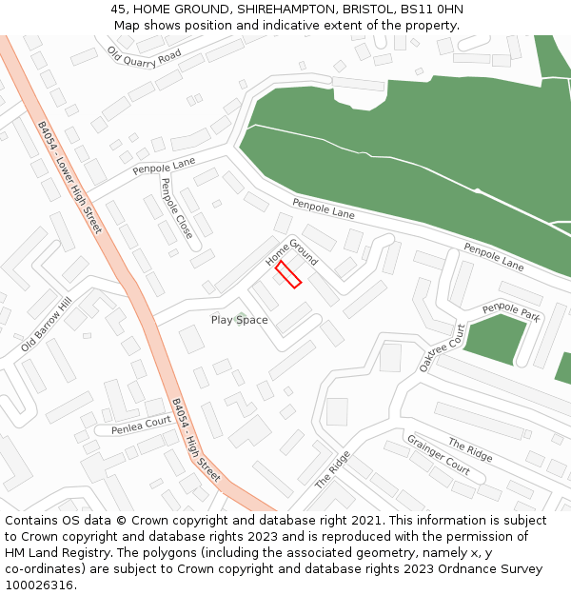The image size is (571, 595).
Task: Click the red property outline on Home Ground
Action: [x=288, y=274]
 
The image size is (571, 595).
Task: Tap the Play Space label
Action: [x=239, y=320]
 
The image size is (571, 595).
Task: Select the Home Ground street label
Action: [x=291, y=247]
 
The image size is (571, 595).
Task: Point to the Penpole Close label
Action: [x=176, y=208]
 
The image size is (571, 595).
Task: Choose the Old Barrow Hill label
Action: [x=46, y=326]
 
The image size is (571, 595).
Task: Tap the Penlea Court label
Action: [x=141, y=425]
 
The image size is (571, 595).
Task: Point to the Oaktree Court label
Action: [x=443, y=347]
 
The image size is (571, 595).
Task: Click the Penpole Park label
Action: [x=510, y=311]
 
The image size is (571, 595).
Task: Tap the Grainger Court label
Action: [x=439, y=454]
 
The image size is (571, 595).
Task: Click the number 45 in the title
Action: [x=116, y=10]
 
